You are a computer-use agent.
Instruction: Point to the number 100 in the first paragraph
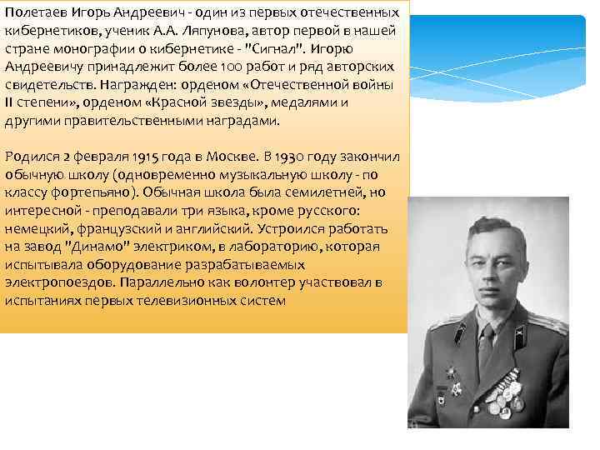pos(212,67)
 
